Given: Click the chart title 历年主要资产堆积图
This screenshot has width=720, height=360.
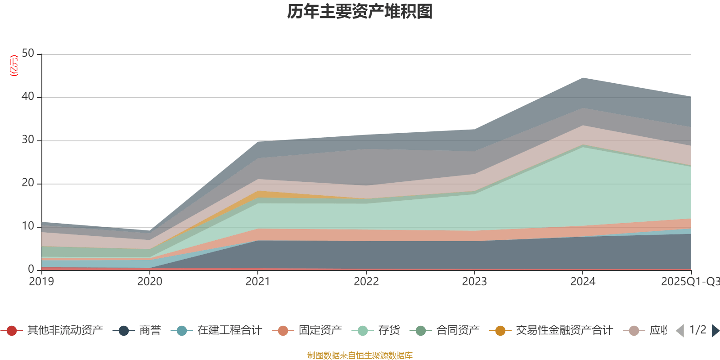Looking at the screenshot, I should pos(360,12).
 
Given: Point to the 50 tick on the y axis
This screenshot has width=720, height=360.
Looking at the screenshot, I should pos(28,54).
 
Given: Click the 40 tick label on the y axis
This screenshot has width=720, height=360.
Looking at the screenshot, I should pos(28,97).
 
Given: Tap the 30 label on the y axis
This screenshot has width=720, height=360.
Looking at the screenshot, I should pos(28,140).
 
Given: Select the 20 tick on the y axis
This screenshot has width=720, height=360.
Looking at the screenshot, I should pos(28,183).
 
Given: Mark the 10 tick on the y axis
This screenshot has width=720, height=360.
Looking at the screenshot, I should pos(28,226).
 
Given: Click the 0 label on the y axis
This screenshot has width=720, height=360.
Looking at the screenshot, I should pos(31,269).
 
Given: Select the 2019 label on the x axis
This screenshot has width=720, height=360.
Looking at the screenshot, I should pos(41,282).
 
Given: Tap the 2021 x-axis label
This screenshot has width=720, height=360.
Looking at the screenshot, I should pos(258,282).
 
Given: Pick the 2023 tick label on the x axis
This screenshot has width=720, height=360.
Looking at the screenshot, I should pos(474,282).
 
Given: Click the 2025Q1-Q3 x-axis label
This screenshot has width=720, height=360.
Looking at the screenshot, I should pos(689,282).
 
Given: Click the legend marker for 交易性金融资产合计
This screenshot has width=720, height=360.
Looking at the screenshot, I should pos(500,331).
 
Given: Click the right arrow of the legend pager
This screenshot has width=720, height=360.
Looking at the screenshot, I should pos(715,331).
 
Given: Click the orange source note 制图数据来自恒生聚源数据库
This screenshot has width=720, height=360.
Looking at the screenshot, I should pos(360,355).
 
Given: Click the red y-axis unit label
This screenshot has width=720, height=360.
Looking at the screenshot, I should pos(14,66).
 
